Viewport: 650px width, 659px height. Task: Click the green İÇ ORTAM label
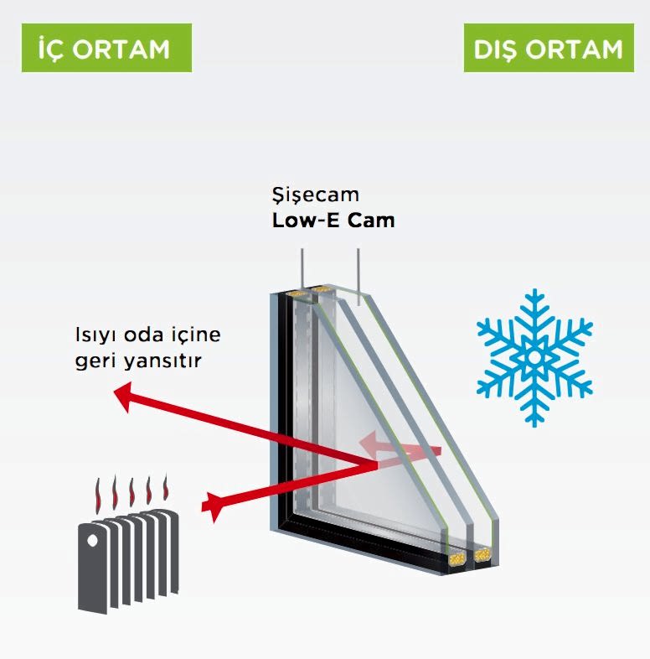tap(106, 48)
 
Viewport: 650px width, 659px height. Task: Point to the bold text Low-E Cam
tap(333, 221)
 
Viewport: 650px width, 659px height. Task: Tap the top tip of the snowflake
tap(534, 293)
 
